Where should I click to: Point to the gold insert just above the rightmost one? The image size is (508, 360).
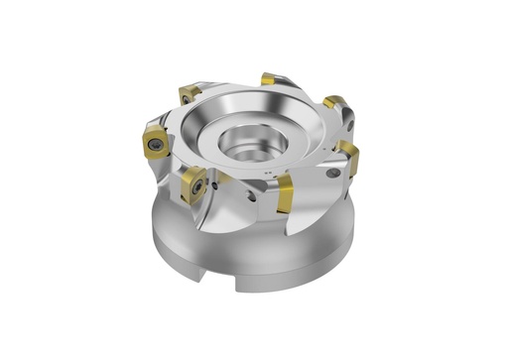pos(334,103)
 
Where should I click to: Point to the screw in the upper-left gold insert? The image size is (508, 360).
pos(188,96)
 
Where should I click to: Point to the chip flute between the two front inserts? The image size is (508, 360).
pos(234,213)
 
